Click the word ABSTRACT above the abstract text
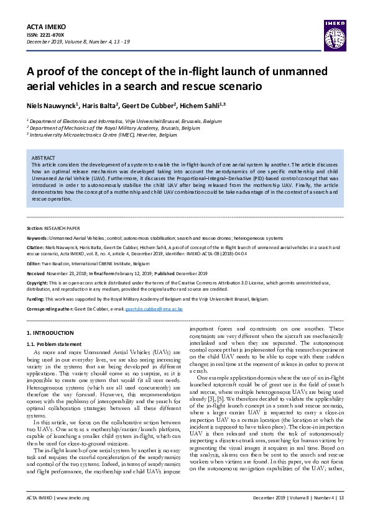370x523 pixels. [x=44, y=158]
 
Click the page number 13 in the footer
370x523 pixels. [x=341, y=515]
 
